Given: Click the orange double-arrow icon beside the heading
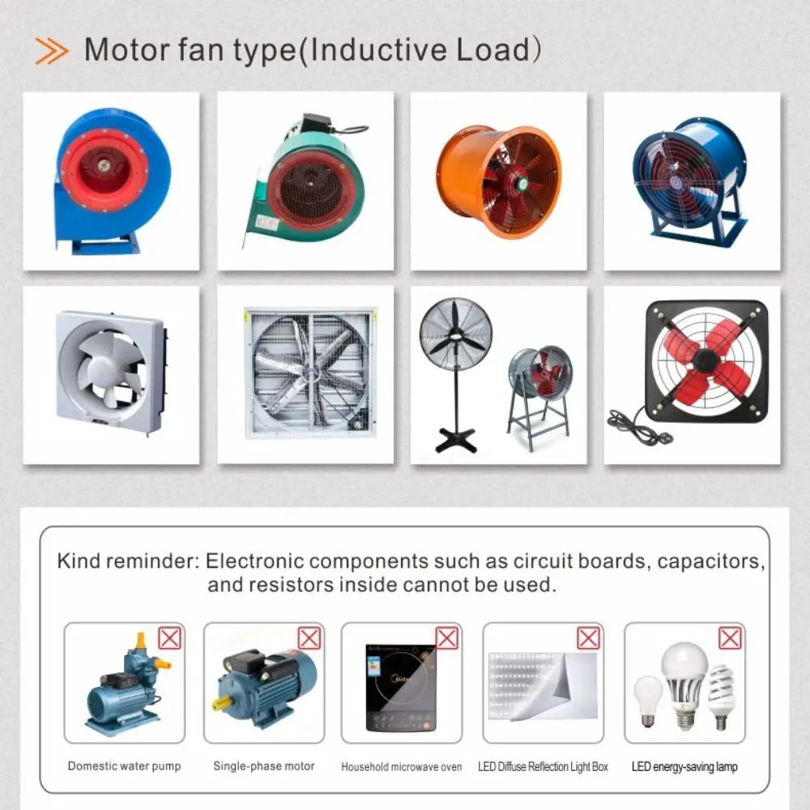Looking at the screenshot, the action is coord(52,51).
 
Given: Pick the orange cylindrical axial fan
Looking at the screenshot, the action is coord(499,181).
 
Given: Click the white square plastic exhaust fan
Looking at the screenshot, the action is coord(110,372).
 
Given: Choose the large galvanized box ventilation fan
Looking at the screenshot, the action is coord(310,374).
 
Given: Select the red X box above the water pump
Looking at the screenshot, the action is coord(169,638).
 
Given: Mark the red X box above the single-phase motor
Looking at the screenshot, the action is coord(309,638).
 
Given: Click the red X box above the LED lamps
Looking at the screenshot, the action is coord(730,638).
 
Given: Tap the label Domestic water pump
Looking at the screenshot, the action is coord(125,766).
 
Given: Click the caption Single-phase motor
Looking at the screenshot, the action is coord(264,766).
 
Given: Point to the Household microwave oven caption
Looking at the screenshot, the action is coord(402,767).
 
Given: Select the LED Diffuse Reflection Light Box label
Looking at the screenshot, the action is coord(543,767).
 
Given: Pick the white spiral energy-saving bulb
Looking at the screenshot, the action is coord(721,697).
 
